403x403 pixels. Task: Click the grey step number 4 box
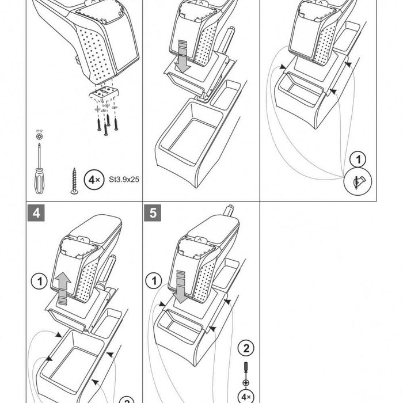point(36,212)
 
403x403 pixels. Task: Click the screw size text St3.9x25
point(123,179)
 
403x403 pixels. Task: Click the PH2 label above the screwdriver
point(39,132)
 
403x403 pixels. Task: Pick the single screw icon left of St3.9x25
point(74,181)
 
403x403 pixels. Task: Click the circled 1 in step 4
point(39,282)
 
